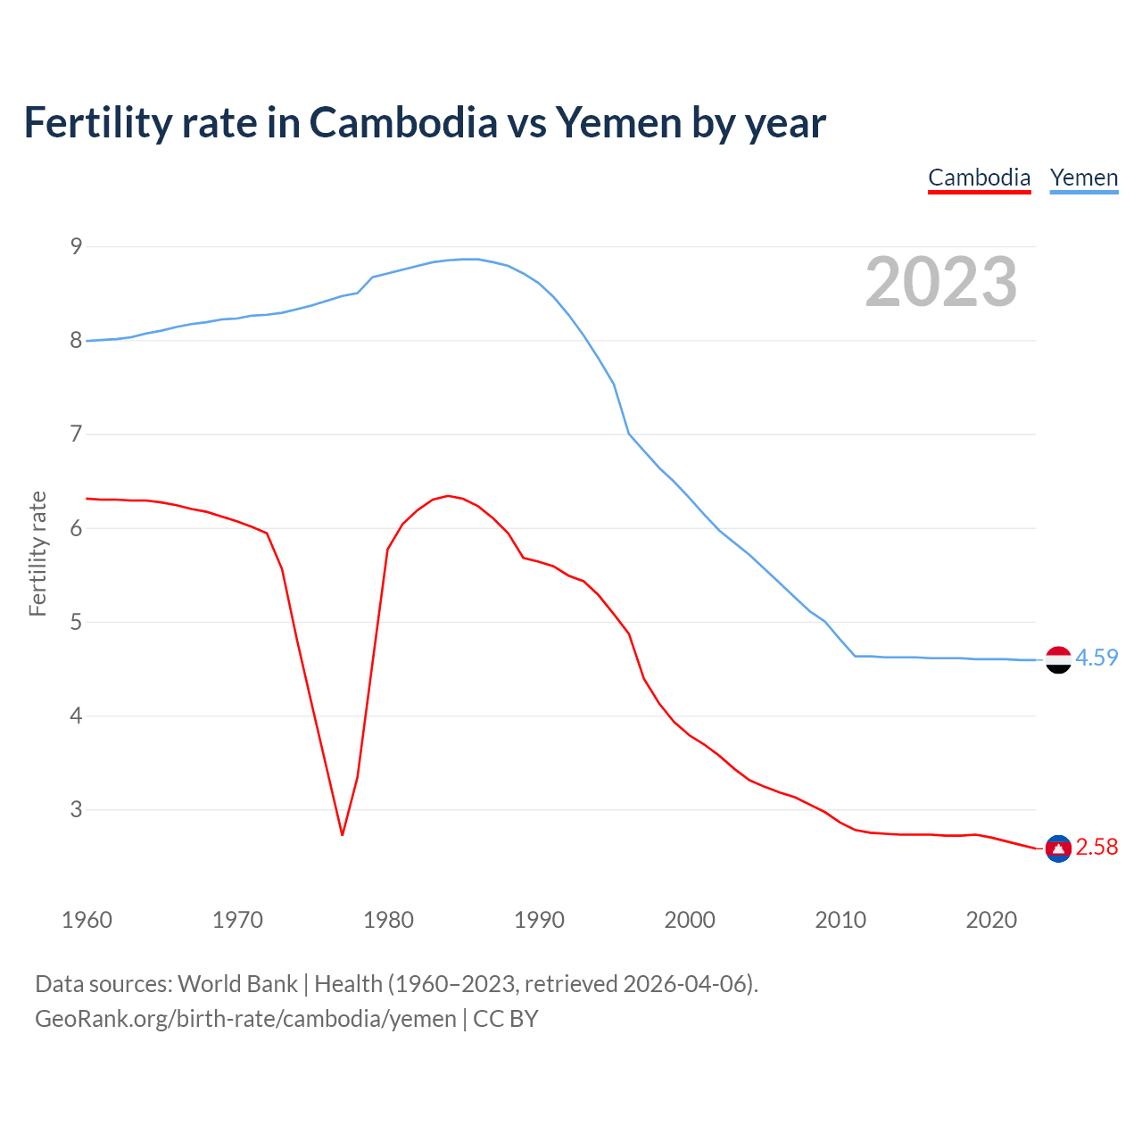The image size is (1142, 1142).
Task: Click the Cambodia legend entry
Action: click(x=979, y=178)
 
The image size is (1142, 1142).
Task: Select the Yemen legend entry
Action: click(x=1083, y=178)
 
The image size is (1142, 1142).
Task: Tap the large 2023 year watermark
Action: click(x=940, y=282)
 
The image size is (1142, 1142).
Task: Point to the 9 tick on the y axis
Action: click(x=76, y=246)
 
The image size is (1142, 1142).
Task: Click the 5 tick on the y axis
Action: click(x=76, y=622)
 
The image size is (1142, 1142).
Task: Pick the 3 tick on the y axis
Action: click(x=76, y=809)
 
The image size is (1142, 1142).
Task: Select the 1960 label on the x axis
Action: click(x=87, y=920)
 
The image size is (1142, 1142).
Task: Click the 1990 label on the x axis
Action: click(x=539, y=920)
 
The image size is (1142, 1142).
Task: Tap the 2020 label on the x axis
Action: click(x=991, y=920)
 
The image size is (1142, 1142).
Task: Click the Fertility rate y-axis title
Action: click(x=37, y=553)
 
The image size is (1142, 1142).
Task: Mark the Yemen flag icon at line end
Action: click(x=1058, y=659)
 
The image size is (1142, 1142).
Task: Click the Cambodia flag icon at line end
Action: click(x=1058, y=848)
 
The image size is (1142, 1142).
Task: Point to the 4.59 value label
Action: click(x=1096, y=658)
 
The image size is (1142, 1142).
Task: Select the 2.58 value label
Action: click(x=1096, y=847)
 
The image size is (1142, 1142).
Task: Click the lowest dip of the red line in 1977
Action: click(x=342, y=834)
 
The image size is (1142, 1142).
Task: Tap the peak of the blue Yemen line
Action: click(x=470, y=259)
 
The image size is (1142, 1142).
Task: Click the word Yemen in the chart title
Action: click(x=618, y=122)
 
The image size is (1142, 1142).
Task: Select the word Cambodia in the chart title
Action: click(x=403, y=122)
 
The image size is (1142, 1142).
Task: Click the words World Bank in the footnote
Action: click(x=237, y=983)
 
